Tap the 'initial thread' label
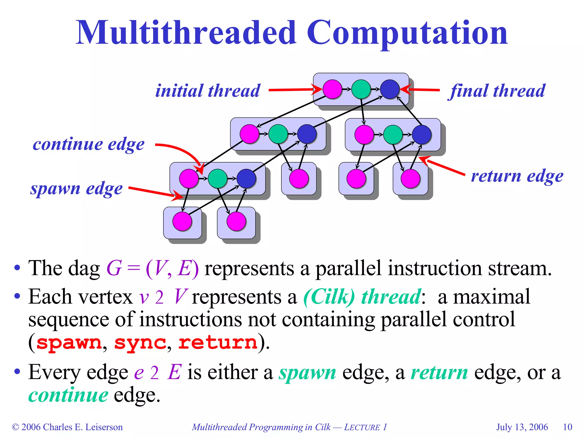[208, 91]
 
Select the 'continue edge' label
[88, 144]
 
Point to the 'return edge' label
[517, 176]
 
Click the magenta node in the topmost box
[332, 89]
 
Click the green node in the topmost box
[361, 89]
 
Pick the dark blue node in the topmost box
[390, 89]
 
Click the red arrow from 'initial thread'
[291, 90]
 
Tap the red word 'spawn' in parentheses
[69, 342]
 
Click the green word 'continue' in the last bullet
[68, 395]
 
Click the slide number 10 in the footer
[567, 427]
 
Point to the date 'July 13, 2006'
[522, 427]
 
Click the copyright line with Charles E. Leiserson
[67, 427]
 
